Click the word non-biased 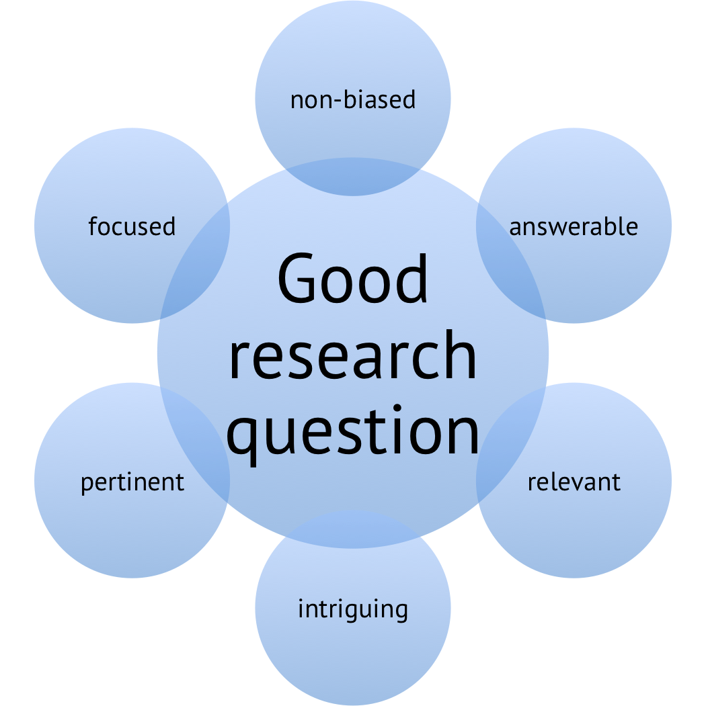pos(353,100)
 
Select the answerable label pos(574,227)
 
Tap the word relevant pos(574,482)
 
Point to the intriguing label pos(353,609)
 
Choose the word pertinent pos(132,482)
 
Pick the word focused pos(132,226)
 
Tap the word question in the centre pos(353,430)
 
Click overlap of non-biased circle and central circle pos(353,177)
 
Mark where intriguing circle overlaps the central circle pos(353,529)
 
